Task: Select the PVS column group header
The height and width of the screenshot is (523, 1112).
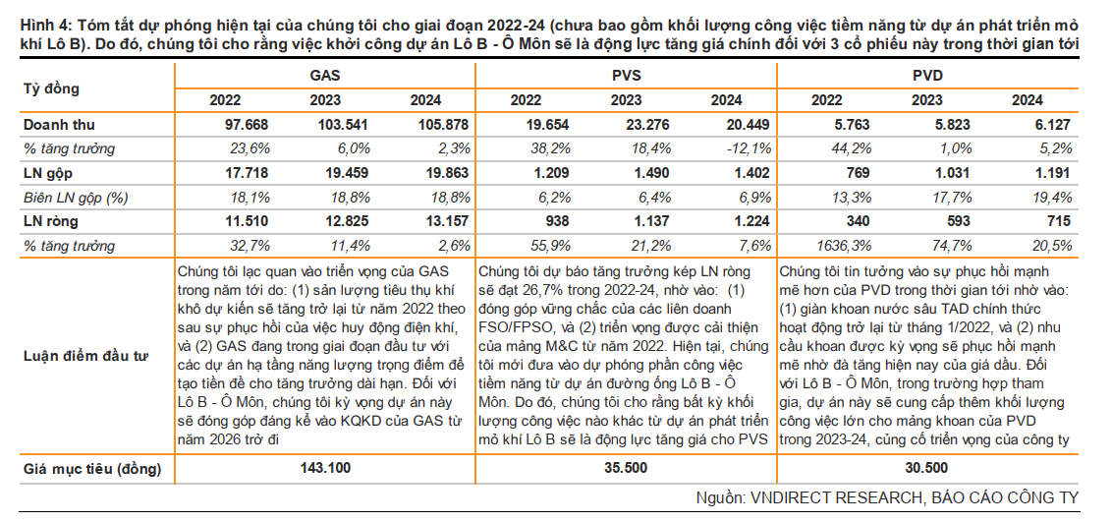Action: (x=626, y=76)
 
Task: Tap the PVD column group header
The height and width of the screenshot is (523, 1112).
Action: (x=926, y=76)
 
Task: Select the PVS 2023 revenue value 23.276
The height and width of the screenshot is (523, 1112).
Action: (x=626, y=126)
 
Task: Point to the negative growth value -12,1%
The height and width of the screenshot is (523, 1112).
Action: (x=726, y=149)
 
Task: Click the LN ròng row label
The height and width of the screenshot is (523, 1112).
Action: (x=47, y=222)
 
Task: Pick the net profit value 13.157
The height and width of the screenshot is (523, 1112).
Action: (x=425, y=222)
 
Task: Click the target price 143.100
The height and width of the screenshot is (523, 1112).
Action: (x=325, y=468)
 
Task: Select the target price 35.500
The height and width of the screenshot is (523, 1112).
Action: (x=626, y=468)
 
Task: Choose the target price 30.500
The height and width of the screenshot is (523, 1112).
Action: (x=926, y=468)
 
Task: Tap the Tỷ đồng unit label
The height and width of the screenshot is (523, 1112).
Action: (x=51, y=88)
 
